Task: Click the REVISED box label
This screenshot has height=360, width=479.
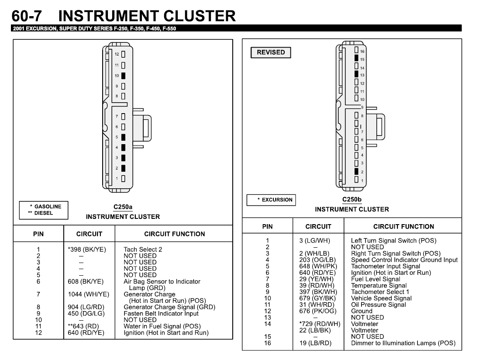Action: (x=271, y=52)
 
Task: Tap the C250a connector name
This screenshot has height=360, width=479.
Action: (x=123, y=207)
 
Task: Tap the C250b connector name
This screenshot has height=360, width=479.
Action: (x=352, y=200)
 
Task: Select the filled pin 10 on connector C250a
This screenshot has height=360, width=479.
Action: (x=124, y=76)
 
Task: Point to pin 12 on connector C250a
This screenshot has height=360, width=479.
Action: (x=124, y=54)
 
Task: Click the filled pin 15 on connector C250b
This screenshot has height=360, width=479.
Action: (x=357, y=58)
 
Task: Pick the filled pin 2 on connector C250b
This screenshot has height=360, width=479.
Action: (x=357, y=171)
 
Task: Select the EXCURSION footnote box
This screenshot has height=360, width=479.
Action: (x=271, y=200)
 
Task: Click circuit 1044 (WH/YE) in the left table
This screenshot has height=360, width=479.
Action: (x=89, y=294)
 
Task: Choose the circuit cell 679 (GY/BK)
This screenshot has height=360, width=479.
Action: (x=312, y=298)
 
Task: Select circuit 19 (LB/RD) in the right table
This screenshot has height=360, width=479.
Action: (x=312, y=343)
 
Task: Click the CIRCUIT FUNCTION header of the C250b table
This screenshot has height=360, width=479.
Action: (x=403, y=226)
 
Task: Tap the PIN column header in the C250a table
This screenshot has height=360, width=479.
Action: (x=38, y=234)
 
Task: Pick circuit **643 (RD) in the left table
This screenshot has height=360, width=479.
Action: (x=83, y=326)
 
